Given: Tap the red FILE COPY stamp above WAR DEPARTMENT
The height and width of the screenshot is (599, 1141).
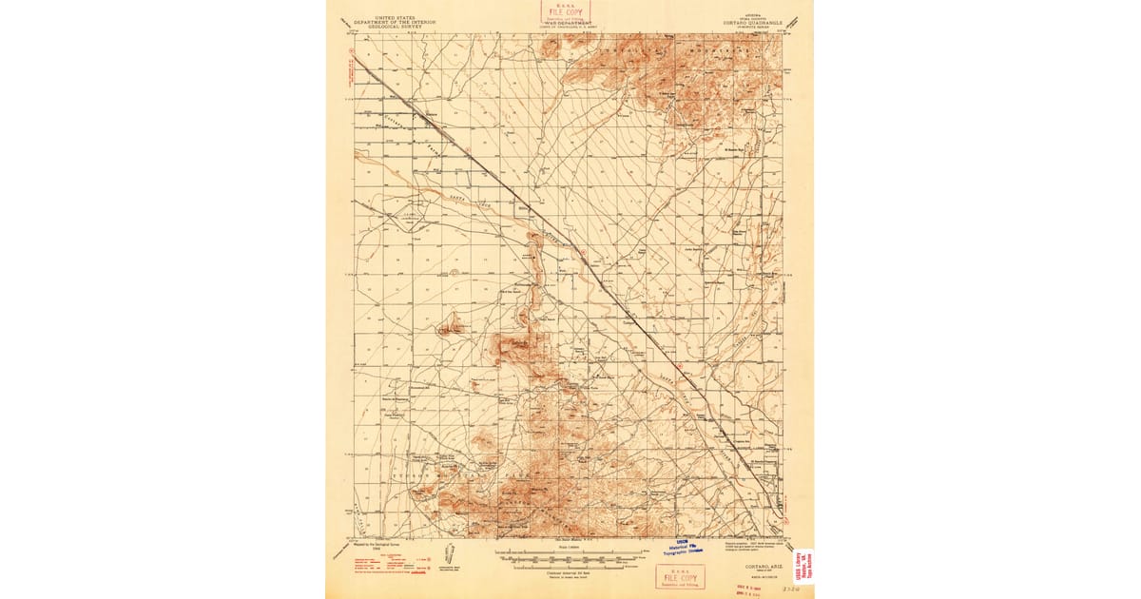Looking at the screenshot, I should (x=566, y=10).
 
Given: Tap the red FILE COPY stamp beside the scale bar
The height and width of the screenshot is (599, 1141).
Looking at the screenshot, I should (x=680, y=577).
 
